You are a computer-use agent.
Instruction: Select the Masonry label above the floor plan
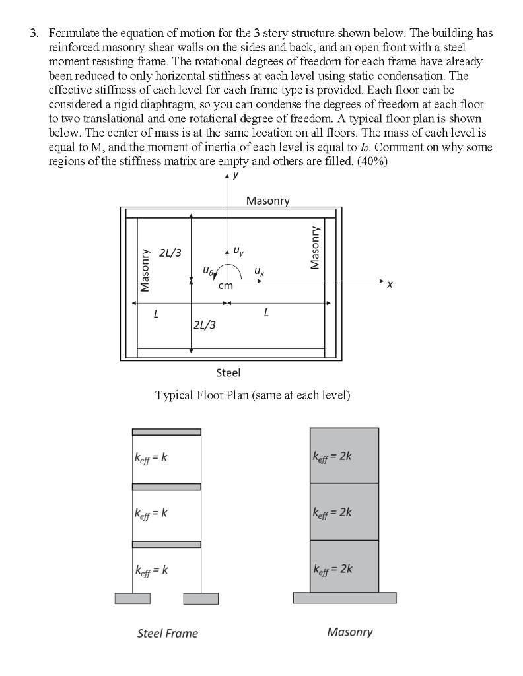click(267, 201)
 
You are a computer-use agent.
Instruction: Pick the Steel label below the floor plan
click(228, 373)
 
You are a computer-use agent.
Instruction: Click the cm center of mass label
click(226, 286)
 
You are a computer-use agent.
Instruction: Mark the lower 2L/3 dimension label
click(204, 324)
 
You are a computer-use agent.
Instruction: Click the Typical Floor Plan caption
click(252, 395)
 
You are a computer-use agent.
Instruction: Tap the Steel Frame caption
click(167, 634)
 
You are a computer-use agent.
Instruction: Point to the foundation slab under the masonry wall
click(345, 597)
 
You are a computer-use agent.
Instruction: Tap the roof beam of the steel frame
click(166, 432)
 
